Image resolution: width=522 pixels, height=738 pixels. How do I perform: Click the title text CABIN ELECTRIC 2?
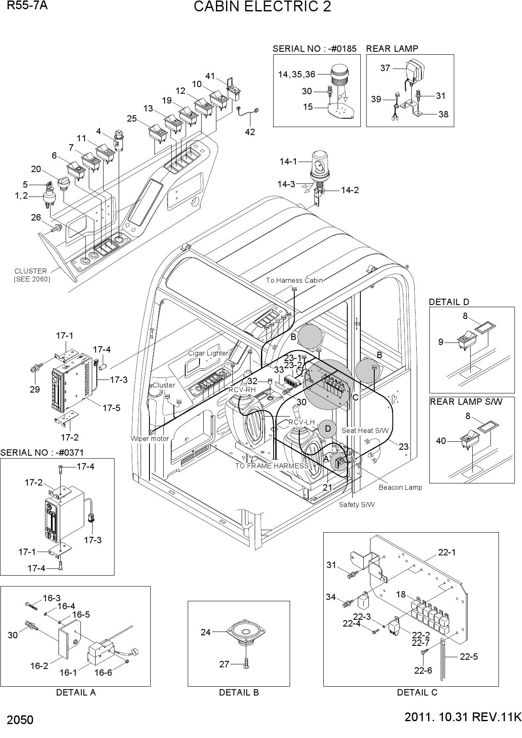pyautogui.click(x=262, y=7)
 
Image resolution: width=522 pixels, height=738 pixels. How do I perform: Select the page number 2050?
pyautogui.click(x=20, y=720)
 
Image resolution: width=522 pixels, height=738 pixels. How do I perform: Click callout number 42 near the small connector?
pyautogui.click(x=250, y=132)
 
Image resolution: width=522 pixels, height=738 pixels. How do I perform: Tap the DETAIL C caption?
pyautogui.click(x=417, y=692)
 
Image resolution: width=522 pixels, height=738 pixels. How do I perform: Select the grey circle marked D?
pyautogui.click(x=327, y=429)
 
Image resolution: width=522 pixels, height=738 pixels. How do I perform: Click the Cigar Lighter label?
pyautogui.click(x=208, y=353)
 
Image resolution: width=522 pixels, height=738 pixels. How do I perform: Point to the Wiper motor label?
pyautogui.click(x=149, y=438)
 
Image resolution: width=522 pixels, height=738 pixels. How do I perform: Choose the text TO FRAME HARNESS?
pyautogui.click(x=272, y=466)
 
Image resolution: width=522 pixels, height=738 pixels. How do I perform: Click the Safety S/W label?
pyautogui.click(x=357, y=504)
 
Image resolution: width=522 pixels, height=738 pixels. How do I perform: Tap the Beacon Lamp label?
pyautogui.click(x=400, y=487)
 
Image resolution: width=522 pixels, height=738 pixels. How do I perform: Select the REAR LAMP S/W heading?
pyautogui.click(x=466, y=401)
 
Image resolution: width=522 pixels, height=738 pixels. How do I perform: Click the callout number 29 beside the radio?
pyautogui.click(x=35, y=389)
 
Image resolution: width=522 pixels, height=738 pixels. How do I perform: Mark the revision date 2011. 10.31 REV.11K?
pyautogui.click(x=463, y=717)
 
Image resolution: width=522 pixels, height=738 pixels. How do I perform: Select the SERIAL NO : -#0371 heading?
pyautogui.click(x=42, y=453)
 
